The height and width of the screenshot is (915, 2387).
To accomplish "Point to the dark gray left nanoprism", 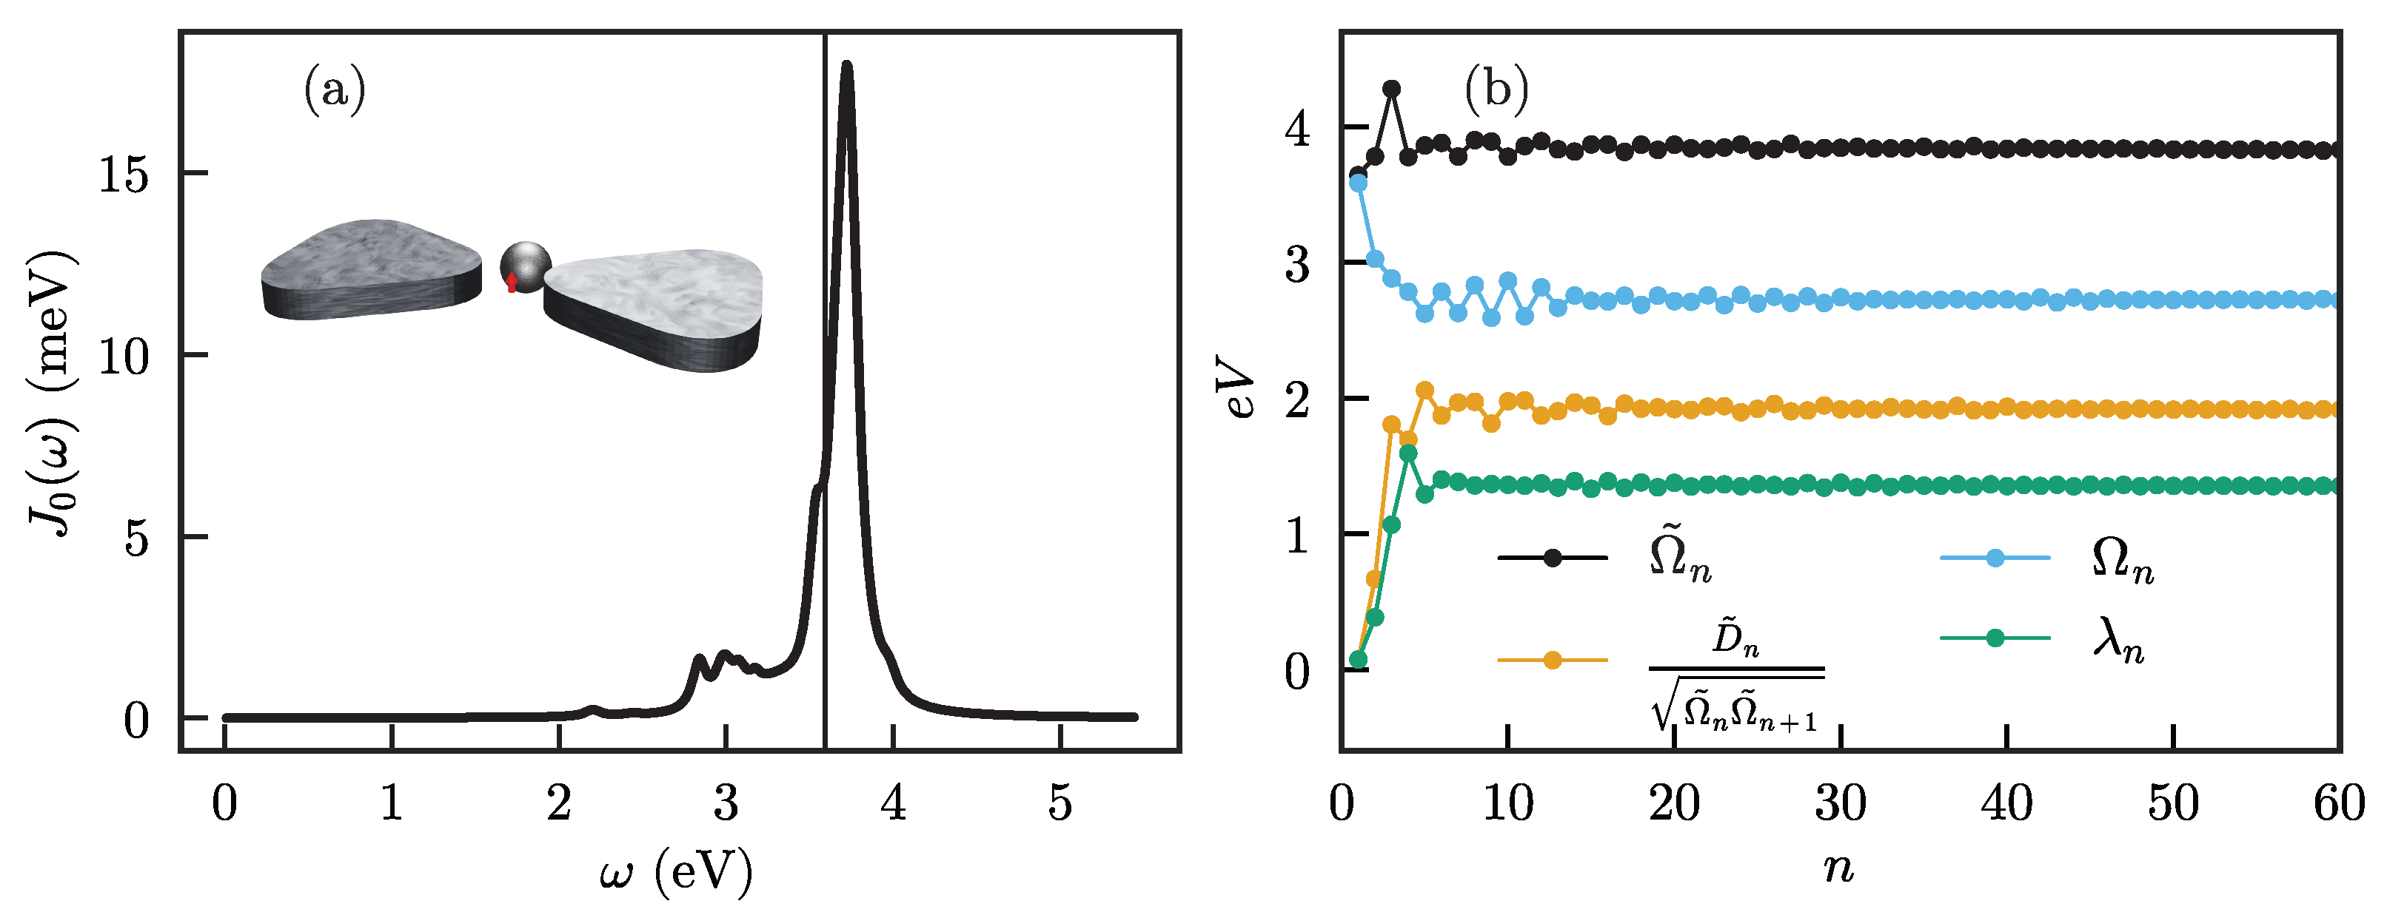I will click(x=371, y=269).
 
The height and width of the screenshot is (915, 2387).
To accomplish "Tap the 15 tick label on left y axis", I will click(x=123, y=174).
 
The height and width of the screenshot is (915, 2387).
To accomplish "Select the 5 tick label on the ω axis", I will click(x=1059, y=803).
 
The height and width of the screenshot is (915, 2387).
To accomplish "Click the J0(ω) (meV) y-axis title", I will click(x=51, y=394).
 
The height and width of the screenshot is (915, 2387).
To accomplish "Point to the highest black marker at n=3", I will click(x=1391, y=89).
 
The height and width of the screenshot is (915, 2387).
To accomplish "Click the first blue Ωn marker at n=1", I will click(x=1359, y=183).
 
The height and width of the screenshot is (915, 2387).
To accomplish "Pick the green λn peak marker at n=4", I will click(x=1407, y=453).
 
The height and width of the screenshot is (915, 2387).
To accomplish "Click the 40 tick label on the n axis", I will click(x=2006, y=803).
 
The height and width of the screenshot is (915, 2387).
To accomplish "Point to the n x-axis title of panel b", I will click(x=1838, y=868).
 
